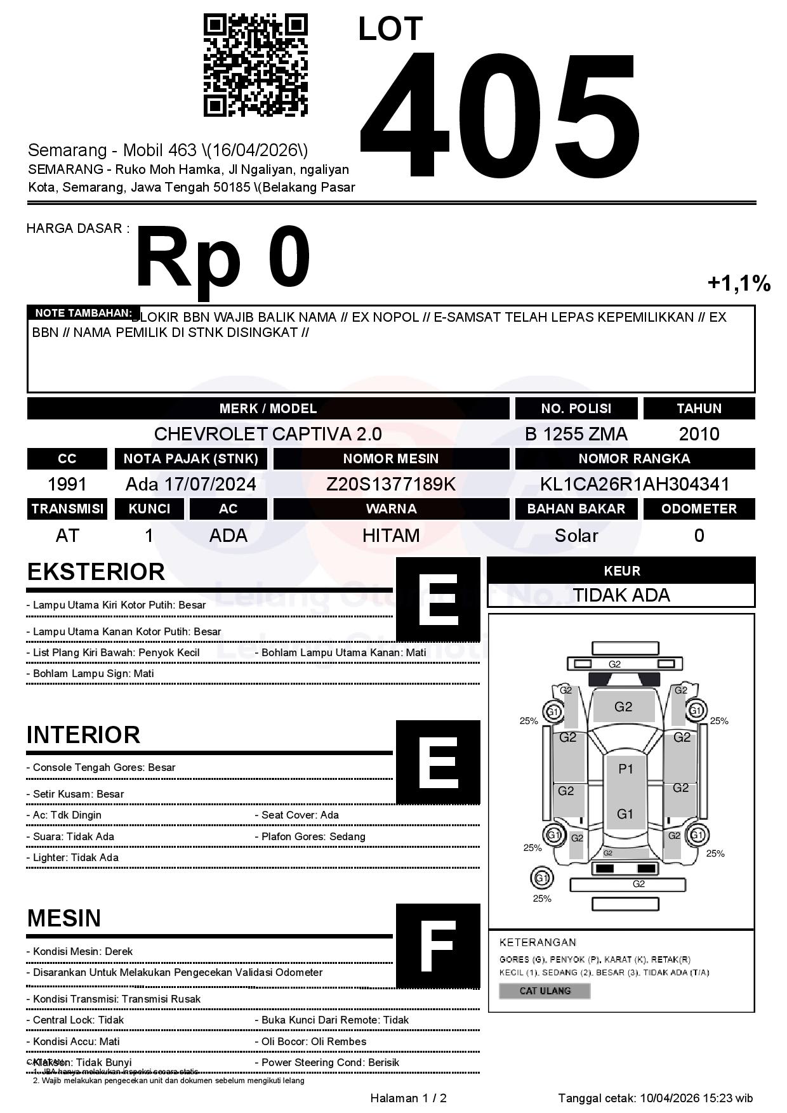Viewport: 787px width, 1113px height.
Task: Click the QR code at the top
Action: pyautogui.click(x=255, y=66)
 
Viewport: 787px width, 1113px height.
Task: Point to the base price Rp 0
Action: pyautogui.click(x=223, y=258)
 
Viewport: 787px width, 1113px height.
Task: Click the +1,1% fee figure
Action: pyautogui.click(x=739, y=283)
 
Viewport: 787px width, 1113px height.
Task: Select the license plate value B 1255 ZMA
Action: pyautogui.click(x=576, y=434)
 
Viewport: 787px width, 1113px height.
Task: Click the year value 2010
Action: pyautogui.click(x=699, y=434)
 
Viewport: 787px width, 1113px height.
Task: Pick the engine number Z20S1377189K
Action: pyautogui.click(x=391, y=484)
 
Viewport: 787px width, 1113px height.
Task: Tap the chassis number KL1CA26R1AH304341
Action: pyautogui.click(x=635, y=484)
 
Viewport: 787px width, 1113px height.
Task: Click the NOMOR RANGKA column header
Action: pyautogui.click(x=635, y=459)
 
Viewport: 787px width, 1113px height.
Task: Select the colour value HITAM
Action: pyautogui.click(x=391, y=536)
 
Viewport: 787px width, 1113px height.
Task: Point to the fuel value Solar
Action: pyautogui.click(x=576, y=536)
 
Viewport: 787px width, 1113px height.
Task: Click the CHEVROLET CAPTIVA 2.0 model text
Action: pyautogui.click(x=268, y=434)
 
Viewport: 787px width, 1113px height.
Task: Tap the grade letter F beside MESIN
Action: pyautogui.click(x=438, y=946)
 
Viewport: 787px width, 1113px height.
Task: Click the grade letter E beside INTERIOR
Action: pyautogui.click(x=438, y=762)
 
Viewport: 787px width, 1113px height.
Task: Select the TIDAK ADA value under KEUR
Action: pyautogui.click(x=621, y=595)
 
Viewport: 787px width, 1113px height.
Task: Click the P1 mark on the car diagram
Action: pyautogui.click(x=626, y=769)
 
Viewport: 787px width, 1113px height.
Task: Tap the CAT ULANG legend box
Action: pyautogui.click(x=545, y=991)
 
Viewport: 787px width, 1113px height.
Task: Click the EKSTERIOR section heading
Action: pyautogui.click(x=96, y=572)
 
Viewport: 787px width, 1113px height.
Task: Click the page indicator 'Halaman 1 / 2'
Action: pyautogui.click(x=408, y=1098)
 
